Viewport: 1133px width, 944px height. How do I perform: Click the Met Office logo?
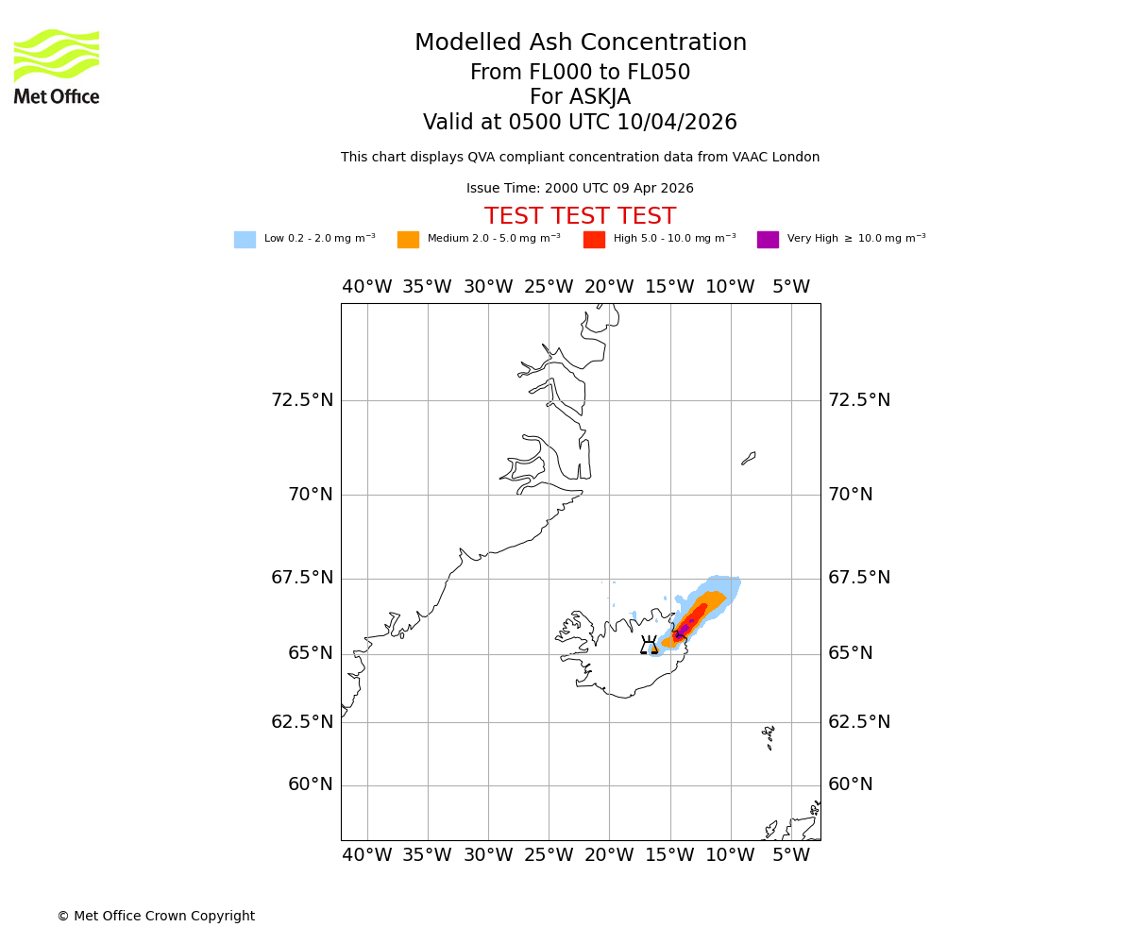tap(57, 66)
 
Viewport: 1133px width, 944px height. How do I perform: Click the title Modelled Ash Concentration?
tap(581, 43)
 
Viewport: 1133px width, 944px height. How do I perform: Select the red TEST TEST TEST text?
tap(580, 217)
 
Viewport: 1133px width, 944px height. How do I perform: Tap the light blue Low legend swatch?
tap(245, 240)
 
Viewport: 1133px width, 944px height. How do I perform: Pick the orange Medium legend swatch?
tap(408, 240)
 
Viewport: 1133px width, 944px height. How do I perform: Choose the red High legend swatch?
tap(594, 240)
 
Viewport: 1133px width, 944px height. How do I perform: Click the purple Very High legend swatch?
tap(768, 240)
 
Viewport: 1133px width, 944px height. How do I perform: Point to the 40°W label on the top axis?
tap(367, 287)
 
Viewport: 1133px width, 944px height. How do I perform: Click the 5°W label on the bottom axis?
tap(791, 855)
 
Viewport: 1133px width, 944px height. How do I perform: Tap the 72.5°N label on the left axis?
tap(302, 400)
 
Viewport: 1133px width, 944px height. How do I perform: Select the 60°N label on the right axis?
tap(851, 784)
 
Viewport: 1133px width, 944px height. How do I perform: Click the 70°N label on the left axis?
tap(311, 494)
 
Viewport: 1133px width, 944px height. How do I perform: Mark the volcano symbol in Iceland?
tap(649, 646)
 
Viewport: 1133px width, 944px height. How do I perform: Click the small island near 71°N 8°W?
tap(749, 458)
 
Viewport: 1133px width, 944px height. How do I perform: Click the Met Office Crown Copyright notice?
tap(156, 917)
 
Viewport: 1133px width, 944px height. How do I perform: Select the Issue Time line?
tap(580, 189)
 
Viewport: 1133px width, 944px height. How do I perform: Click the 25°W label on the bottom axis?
tap(549, 855)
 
